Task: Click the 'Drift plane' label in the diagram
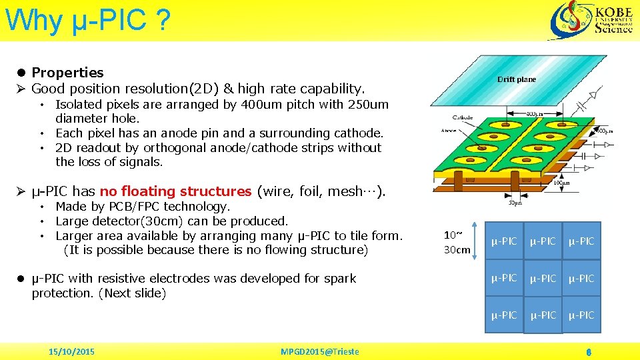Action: coord(517,79)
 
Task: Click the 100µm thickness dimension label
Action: coord(563,181)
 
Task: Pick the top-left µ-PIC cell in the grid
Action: coord(504,241)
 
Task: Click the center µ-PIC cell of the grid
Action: coord(543,277)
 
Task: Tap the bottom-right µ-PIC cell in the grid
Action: coord(581,315)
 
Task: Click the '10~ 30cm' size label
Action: coord(457,242)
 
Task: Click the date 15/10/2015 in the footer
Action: coord(72,351)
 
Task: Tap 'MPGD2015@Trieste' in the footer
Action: coord(319,351)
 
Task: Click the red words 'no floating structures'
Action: coord(175,191)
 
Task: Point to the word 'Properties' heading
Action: coord(67,73)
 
